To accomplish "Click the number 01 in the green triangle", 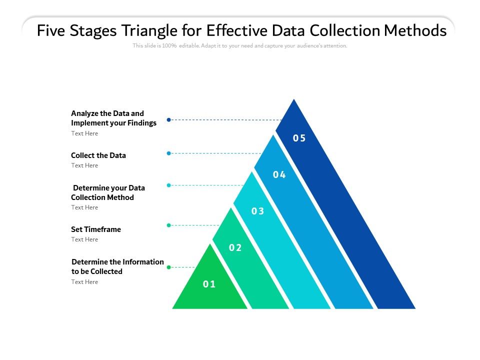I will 209,284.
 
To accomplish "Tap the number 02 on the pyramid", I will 235,248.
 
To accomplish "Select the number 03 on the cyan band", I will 257,211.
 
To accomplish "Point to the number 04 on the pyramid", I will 279,175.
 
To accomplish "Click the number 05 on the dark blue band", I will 299,138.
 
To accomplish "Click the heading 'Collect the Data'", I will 98,155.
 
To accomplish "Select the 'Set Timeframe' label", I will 96,229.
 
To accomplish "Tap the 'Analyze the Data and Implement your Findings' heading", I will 113,118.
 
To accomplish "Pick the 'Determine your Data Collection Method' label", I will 108,192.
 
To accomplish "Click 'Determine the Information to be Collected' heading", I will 117,266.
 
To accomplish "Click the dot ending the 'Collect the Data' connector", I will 169,153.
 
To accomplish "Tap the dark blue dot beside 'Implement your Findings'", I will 169,120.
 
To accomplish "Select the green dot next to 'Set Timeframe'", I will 169,225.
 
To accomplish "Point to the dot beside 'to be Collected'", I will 169,267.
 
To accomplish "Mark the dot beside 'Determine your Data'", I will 169,185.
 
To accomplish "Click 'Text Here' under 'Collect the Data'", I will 84,165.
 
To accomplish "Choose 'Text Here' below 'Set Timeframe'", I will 84,239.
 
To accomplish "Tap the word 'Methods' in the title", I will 415,31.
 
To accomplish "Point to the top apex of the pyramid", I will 294,100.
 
